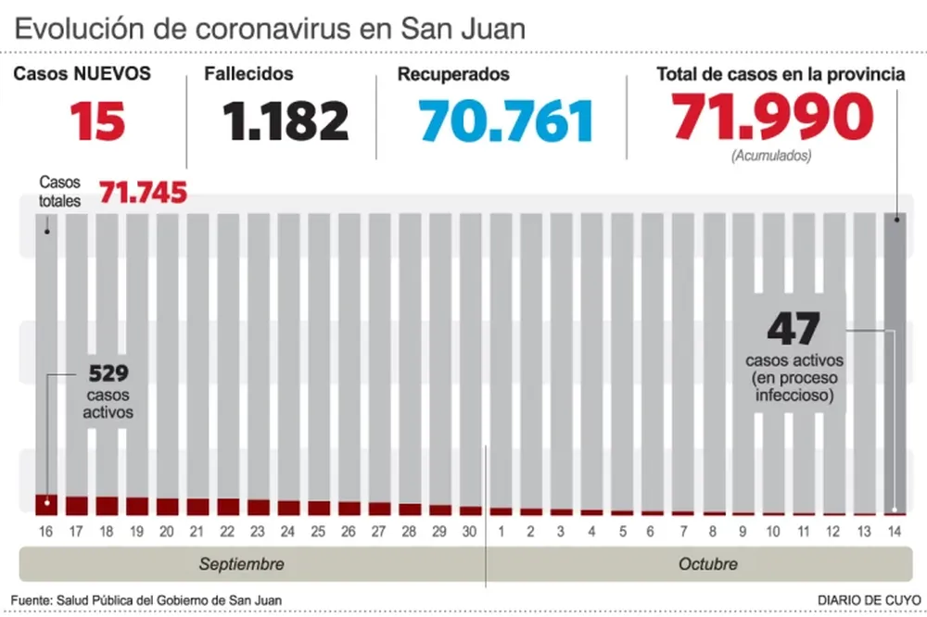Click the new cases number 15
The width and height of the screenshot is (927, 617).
coord(98,120)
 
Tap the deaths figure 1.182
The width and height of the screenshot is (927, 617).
coord(286,120)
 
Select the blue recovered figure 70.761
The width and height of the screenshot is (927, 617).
coord(505,121)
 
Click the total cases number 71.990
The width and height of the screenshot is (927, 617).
coord(773,117)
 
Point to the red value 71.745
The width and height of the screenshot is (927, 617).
coord(143,193)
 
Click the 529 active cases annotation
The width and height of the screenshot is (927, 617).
coord(108,374)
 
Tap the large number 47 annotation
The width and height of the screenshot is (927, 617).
coord(793,329)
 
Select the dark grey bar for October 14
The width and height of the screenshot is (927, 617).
coord(895,361)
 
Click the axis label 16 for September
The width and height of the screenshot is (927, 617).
coord(46,532)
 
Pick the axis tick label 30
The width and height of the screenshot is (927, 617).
coord(470,532)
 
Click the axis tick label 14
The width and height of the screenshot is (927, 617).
coord(895,532)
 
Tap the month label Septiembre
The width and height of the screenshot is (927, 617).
coord(242,564)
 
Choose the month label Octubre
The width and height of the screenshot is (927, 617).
coord(707,564)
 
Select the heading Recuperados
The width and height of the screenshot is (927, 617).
coord(453,74)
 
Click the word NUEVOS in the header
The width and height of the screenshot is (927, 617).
coord(112,74)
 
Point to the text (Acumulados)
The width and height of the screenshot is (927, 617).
coord(770,156)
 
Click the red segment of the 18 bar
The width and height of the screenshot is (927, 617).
coord(107,505)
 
